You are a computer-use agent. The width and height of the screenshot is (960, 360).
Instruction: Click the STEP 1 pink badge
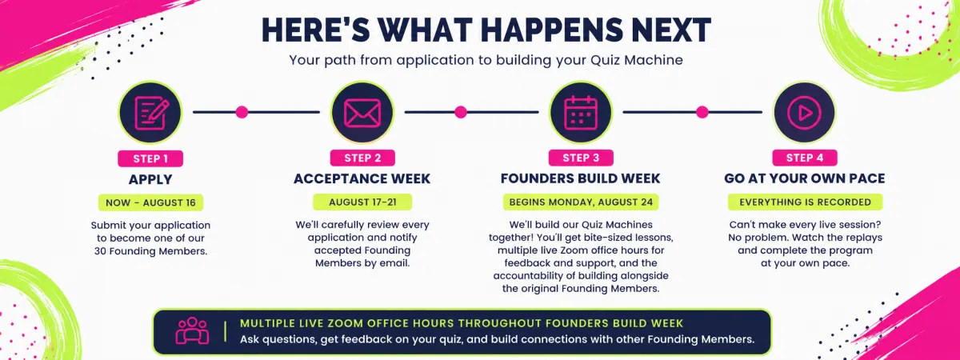[150, 158]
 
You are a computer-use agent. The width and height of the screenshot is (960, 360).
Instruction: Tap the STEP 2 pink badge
[362, 158]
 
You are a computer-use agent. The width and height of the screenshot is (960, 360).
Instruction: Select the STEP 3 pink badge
[581, 158]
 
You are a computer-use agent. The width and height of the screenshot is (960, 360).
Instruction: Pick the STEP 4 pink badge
[805, 158]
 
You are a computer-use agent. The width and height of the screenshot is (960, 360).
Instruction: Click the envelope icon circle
[362, 113]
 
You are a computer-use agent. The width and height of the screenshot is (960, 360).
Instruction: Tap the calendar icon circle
[581, 113]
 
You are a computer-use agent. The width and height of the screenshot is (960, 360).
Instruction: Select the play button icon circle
[804, 113]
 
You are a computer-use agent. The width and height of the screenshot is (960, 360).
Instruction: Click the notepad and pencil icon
[151, 113]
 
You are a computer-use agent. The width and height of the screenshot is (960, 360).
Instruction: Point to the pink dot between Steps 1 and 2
[242, 112]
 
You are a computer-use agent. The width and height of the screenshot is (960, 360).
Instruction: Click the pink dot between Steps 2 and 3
[461, 112]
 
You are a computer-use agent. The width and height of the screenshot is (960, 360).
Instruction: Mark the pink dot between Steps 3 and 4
[702, 112]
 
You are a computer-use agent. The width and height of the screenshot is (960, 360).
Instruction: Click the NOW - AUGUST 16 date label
[150, 202]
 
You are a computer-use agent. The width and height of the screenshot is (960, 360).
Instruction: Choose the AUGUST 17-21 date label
[362, 202]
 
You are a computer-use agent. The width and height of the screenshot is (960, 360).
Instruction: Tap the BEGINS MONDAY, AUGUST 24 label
[581, 202]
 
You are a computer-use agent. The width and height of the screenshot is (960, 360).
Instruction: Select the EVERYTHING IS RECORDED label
[805, 202]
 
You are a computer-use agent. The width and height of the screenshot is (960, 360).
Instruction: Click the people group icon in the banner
[192, 331]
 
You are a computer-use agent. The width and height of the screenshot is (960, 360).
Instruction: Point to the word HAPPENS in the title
[553, 30]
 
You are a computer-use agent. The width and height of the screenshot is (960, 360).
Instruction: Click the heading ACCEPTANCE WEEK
[362, 178]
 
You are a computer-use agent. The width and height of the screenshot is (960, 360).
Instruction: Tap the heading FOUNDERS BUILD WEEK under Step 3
[580, 178]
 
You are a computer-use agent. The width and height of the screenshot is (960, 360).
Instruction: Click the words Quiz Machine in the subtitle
[637, 60]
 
